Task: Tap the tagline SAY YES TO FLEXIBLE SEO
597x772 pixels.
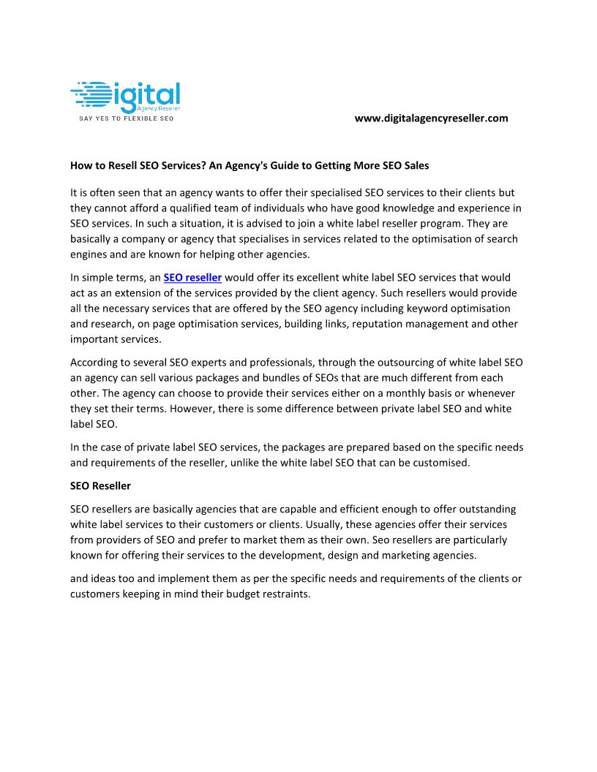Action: [x=126, y=118]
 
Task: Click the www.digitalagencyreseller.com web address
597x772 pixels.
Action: [x=431, y=118]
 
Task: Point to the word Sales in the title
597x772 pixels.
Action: [x=414, y=165]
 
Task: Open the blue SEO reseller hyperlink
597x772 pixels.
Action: [x=192, y=278]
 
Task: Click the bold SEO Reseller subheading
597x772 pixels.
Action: [x=100, y=485]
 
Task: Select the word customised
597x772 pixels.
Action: [x=438, y=462]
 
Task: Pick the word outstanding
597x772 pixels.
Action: [x=481, y=508]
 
